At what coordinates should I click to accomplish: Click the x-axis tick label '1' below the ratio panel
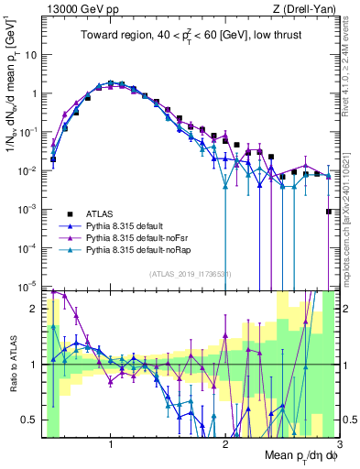pos(111,444)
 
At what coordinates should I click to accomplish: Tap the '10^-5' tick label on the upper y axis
pos(27,287)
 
